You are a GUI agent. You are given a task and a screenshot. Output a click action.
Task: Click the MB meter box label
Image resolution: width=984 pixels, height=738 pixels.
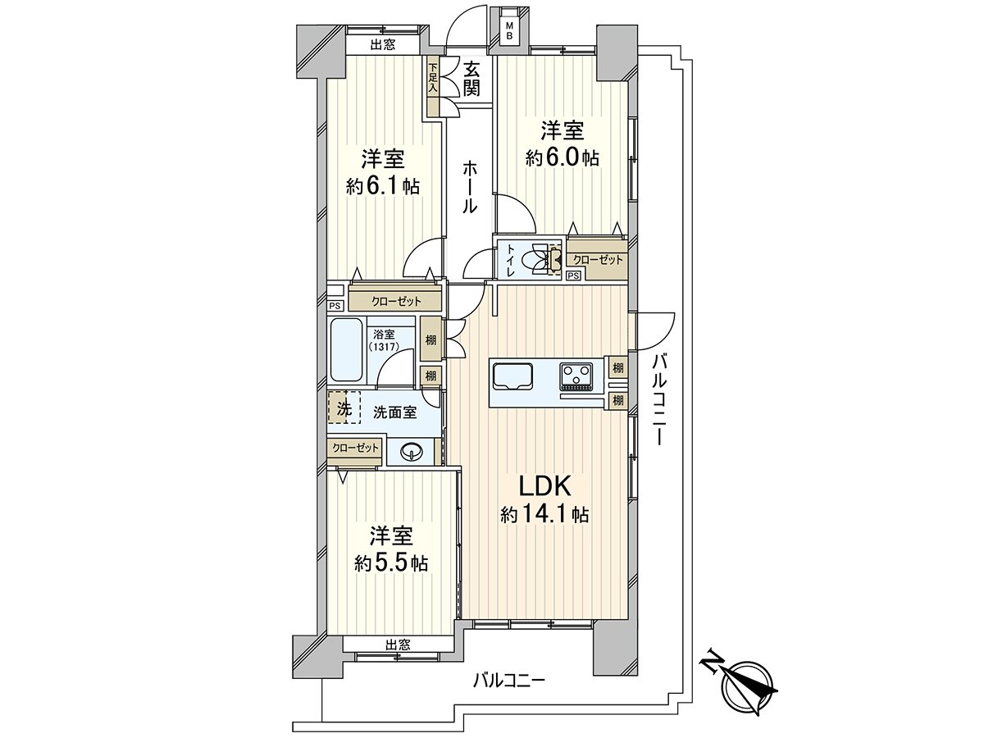[x=509, y=31]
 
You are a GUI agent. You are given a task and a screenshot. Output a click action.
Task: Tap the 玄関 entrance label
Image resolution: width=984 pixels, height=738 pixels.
[x=471, y=79]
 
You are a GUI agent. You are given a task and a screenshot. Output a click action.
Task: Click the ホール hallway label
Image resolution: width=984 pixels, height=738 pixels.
[x=470, y=187]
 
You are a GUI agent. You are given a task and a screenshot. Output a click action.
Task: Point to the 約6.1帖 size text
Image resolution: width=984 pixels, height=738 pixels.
[x=383, y=187]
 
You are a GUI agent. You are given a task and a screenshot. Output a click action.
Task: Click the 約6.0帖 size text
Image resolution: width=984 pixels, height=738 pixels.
[x=562, y=158]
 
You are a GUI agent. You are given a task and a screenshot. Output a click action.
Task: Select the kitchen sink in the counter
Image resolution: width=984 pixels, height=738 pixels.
[x=512, y=376]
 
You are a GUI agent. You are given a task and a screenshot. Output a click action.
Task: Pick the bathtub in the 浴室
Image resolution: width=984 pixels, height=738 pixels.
[x=348, y=350]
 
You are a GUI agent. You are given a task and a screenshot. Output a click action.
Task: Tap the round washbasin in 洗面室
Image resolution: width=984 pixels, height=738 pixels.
[x=411, y=451]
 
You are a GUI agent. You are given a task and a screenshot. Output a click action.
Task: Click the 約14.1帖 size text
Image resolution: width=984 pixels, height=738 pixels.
[x=544, y=515]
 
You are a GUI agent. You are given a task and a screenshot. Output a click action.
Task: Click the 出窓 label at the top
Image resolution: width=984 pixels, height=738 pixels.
[x=382, y=46]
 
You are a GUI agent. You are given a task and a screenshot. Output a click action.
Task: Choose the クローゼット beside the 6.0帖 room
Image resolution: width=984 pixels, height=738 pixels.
[x=598, y=260]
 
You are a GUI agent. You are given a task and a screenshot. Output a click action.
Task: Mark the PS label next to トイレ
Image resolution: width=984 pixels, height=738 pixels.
[x=573, y=276]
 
